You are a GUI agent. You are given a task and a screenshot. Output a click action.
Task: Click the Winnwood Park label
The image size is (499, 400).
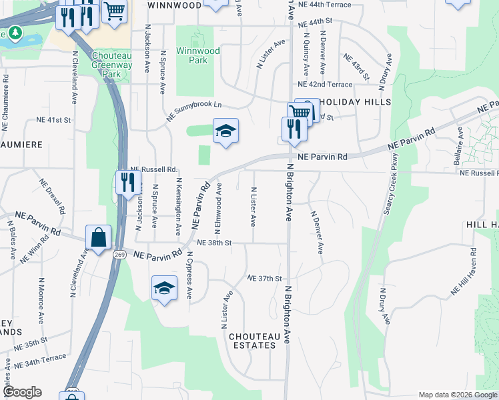pos(192,55)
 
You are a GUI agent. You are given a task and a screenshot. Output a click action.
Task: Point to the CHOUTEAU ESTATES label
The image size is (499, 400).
pos(252,341)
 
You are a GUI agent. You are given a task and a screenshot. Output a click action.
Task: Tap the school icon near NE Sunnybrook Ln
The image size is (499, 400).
pos(225,130)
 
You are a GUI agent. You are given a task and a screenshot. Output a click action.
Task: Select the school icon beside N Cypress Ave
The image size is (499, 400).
pos(164,288)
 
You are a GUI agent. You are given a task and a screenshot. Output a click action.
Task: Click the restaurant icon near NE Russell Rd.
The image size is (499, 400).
pos(127,182)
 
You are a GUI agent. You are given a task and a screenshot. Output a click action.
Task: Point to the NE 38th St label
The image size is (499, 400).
pos(213,243)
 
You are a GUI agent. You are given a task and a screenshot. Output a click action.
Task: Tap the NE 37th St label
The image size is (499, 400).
pos(265,278)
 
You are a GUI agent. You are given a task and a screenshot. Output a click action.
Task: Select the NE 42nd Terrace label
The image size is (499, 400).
pos(325,85)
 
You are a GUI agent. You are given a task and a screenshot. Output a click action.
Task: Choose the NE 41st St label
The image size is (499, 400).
pos(54,120)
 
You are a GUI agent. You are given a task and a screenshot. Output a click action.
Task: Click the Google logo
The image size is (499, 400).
pos(22,392)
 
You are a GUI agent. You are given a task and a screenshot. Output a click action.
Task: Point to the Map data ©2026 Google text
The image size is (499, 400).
pos(457,395)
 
